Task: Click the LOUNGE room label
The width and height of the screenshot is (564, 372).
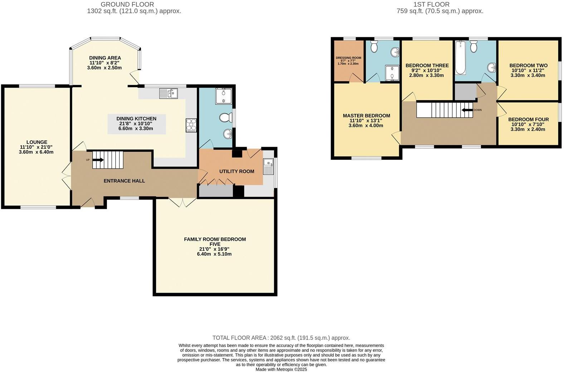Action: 37,142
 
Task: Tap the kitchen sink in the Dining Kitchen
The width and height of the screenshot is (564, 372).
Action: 169,93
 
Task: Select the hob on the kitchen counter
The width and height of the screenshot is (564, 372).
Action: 191,125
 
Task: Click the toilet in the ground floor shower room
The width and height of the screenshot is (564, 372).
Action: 225,118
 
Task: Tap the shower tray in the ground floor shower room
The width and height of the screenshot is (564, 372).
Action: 223,96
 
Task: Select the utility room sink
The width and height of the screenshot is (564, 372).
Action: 268,167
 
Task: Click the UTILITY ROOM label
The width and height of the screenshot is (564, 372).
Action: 237,171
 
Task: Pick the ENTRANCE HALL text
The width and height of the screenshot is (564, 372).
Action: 124,181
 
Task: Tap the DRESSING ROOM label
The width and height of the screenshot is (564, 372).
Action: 348,58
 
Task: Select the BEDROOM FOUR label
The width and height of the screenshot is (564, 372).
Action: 528,119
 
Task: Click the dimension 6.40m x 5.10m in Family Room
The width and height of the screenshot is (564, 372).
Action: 214,254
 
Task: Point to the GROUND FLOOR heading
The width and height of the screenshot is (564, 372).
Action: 127,4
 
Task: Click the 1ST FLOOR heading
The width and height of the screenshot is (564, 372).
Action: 431,4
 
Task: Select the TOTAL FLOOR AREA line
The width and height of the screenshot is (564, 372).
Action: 281,338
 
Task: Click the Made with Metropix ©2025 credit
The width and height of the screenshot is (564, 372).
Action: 281,369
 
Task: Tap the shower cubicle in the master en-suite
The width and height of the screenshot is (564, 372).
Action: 392,73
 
